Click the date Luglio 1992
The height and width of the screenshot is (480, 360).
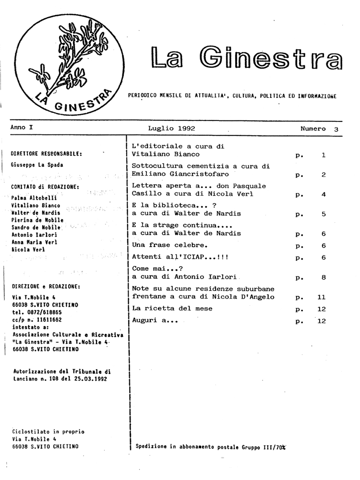click(171, 129)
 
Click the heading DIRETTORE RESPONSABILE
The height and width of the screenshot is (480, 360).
click(46, 154)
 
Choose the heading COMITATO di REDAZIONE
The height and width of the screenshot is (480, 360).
click(45, 187)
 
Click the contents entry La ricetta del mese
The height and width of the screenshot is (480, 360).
click(172, 309)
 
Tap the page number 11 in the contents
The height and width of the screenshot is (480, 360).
click(322, 298)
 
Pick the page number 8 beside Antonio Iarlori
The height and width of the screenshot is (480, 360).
click(324, 277)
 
